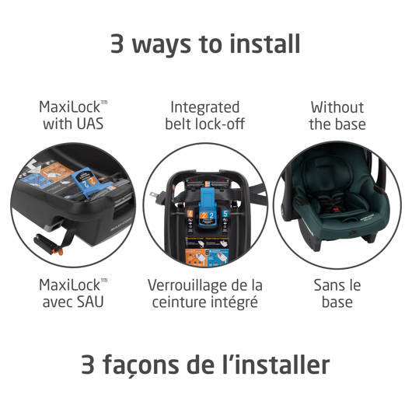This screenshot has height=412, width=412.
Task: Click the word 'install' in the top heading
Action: pos(265,44)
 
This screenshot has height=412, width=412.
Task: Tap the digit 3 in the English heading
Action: pos(117,44)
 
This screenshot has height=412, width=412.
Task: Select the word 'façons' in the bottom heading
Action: pos(141,365)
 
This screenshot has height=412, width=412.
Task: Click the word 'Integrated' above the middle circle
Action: pos(205,108)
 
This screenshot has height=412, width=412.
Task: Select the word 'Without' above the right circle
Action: pos(337,107)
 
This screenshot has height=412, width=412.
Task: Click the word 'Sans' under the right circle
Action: pos(327,285)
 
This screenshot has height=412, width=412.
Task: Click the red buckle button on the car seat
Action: pos(336,209)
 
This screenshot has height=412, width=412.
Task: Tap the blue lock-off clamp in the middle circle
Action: pos(208,205)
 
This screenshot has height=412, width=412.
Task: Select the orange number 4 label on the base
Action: pos(190,214)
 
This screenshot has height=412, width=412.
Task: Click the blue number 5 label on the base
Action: pos(225,213)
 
